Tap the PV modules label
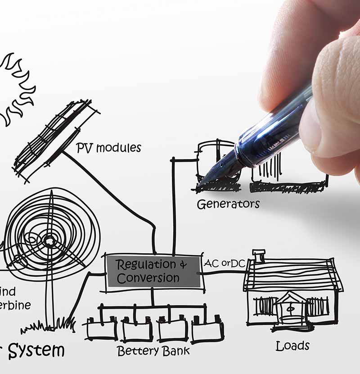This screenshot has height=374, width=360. [108, 148]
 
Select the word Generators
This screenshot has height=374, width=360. [228, 204]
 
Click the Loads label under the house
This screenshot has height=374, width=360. [292, 346]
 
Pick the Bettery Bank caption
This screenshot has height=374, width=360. [153, 351]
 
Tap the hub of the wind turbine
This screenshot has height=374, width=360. [49, 241]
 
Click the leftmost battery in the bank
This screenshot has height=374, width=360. [102, 329]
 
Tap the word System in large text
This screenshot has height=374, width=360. [36, 351]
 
